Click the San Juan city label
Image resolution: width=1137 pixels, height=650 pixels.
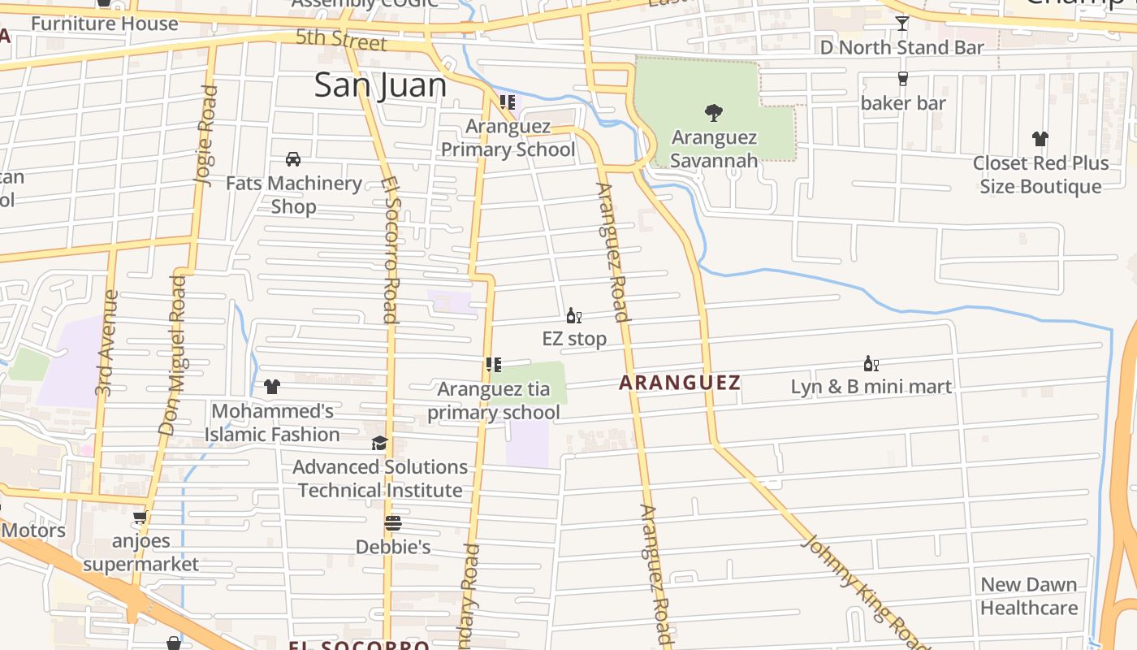[x=380, y=85]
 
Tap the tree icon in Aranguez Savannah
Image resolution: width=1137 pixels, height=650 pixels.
[x=714, y=113]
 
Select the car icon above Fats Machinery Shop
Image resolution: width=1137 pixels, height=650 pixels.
[x=293, y=159]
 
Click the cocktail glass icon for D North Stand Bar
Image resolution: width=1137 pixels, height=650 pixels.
[x=901, y=24]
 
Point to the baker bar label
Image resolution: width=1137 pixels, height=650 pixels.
[x=903, y=103]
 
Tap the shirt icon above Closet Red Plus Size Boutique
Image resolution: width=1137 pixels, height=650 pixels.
[x=1040, y=139]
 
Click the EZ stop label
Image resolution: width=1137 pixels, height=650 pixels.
[x=574, y=339]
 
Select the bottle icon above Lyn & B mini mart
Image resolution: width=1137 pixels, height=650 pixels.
[x=871, y=363]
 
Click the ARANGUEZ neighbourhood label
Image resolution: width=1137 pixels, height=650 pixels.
[x=680, y=383]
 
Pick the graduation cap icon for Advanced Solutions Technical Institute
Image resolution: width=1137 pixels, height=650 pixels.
[x=379, y=443]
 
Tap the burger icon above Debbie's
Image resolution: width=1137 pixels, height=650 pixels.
[x=393, y=523]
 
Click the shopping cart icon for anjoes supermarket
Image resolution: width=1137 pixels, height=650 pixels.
[x=141, y=517]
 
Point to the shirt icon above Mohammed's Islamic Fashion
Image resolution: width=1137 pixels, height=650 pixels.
[x=271, y=387]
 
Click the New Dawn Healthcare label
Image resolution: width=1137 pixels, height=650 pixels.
[x=1029, y=596]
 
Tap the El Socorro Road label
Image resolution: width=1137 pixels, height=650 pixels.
[x=390, y=250]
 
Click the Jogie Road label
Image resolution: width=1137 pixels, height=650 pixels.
[x=207, y=136]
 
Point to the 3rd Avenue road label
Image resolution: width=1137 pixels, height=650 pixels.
[x=106, y=344]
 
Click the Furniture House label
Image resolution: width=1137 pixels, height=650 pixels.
[x=104, y=24]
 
